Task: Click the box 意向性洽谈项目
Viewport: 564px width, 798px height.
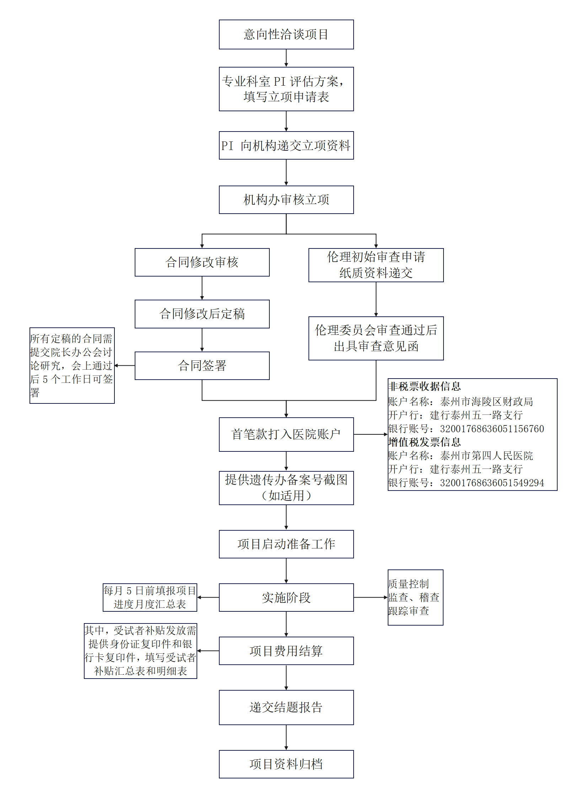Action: point(286,34)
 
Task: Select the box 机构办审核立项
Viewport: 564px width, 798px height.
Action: point(286,200)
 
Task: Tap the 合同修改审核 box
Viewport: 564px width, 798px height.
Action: point(202,262)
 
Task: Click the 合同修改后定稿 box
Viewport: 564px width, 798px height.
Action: point(202,314)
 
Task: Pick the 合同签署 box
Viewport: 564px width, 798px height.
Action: point(202,366)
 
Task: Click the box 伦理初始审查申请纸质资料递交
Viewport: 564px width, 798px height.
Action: point(376,265)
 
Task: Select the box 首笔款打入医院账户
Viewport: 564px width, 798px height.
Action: point(286,434)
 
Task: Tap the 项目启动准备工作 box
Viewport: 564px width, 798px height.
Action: point(286,544)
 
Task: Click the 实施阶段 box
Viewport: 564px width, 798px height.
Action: point(286,598)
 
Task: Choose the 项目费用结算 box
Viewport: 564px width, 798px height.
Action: point(286,651)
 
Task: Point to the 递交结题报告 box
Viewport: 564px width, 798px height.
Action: point(286,707)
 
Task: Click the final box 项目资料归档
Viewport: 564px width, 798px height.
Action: point(286,764)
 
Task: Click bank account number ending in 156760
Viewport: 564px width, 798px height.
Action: point(492,429)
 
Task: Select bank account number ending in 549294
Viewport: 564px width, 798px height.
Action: point(492,483)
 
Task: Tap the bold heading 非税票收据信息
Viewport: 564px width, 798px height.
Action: point(425,386)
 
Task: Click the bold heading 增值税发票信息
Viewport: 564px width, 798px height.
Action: point(425,442)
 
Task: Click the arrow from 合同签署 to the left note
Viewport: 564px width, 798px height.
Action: point(125,365)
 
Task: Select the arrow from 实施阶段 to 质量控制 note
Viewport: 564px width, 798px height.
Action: point(371,598)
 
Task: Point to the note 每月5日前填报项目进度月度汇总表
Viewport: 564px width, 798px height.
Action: point(150,598)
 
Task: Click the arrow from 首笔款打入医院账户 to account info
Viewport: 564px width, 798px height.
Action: point(371,434)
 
